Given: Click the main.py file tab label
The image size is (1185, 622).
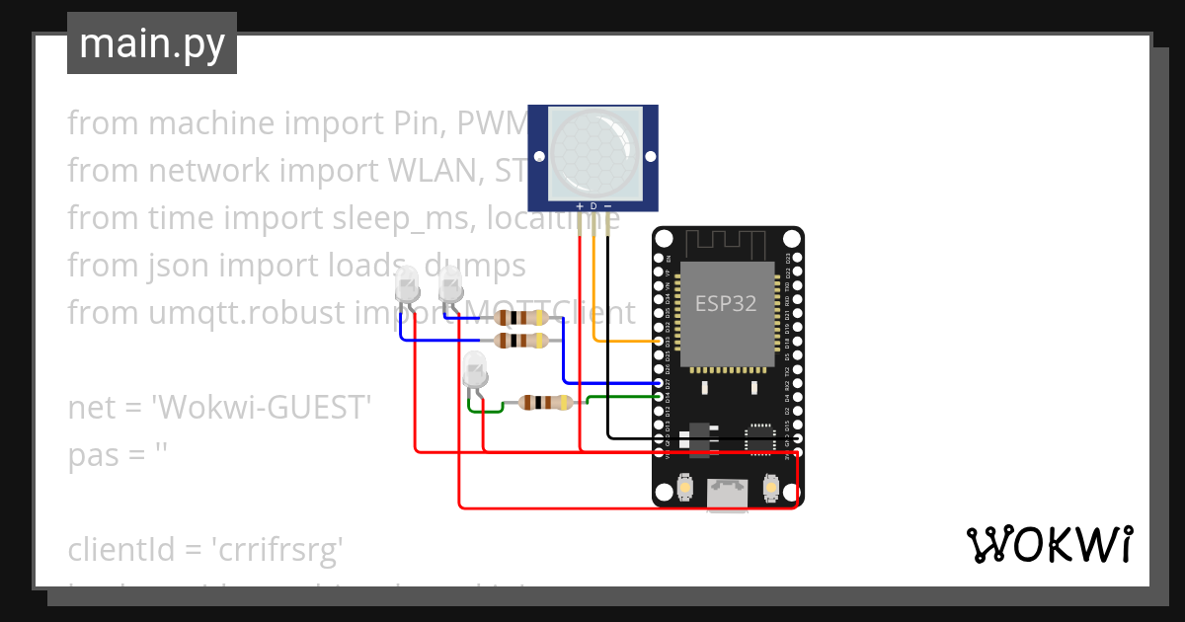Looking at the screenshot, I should (151, 43).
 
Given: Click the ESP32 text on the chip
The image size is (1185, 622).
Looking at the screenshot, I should (726, 303).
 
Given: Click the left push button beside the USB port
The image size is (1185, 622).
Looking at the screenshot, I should (685, 487).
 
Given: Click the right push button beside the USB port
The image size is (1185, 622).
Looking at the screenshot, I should (770, 487).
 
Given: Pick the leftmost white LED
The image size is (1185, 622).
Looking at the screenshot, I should (406, 288).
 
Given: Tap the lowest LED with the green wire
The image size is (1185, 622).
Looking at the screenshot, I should (475, 373).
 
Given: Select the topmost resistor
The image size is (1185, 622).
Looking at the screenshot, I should (520, 317).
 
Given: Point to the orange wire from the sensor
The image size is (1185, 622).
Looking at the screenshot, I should (593, 286).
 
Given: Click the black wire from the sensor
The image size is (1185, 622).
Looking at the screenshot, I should (607, 336).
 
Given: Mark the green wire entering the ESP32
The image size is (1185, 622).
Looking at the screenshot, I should (622, 397).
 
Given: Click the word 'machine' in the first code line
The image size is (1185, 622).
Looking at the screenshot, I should (210, 123).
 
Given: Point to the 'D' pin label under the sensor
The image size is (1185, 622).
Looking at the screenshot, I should (593, 206).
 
